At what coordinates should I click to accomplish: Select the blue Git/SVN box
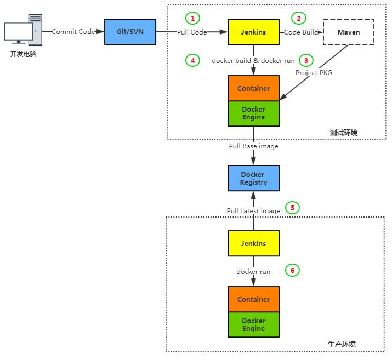pyautogui.click(x=130, y=32)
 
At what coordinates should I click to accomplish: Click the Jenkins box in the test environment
pyautogui.click(x=253, y=32)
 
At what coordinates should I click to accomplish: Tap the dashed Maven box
pyautogui.click(x=349, y=32)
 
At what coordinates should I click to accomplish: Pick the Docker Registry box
pyautogui.click(x=253, y=178)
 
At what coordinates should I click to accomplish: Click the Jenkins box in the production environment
pyautogui.click(x=253, y=243)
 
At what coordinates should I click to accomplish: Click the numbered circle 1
pyautogui.click(x=192, y=18)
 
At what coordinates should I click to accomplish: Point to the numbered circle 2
pyautogui.click(x=299, y=18)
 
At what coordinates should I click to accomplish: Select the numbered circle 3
pyautogui.click(x=306, y=60)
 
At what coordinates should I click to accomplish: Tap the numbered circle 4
pyautogui.click(x=192, y=60)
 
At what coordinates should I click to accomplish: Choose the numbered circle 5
pyautogui.click(x=292, y=208)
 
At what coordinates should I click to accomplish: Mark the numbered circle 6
pyautogui.click(x=292, y=270)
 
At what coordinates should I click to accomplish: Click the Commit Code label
pyautogui.click(x=73, y=32)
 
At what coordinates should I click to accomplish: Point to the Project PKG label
pyautogui.click(x=314, y=72)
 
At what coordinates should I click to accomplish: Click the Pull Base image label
pyautogui.click(x=253, y=146)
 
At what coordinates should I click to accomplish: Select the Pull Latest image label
pyautogui.click(x=253, y=211)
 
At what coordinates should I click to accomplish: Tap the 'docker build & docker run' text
pyautogui.click(x=253, y=61)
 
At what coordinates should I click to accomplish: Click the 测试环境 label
pyautogui.click(x=344, y=133)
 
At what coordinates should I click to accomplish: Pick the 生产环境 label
pyautogui.click(x=342, y=344)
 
